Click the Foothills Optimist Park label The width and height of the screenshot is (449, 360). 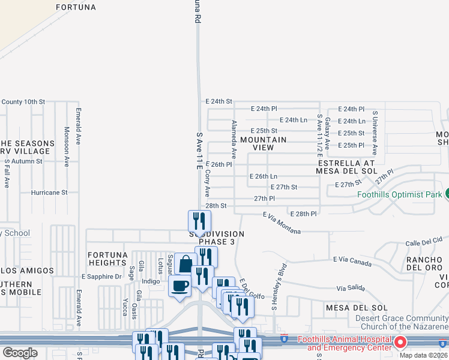(x=399, y=194)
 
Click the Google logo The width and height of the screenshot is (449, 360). (x=20, y=353)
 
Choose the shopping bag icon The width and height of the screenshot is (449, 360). (x=186, y=263)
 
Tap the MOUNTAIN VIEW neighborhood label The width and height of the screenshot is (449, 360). (x=264, y=144)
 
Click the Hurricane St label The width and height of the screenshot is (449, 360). (x=50, y=193)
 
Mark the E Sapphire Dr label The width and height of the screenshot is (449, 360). (x=101, y=277)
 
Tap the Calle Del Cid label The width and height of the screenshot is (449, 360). (x=424, y=242)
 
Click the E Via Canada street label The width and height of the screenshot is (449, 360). (x=354, y=260)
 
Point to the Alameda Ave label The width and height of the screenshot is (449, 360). (x=235, y=137)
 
